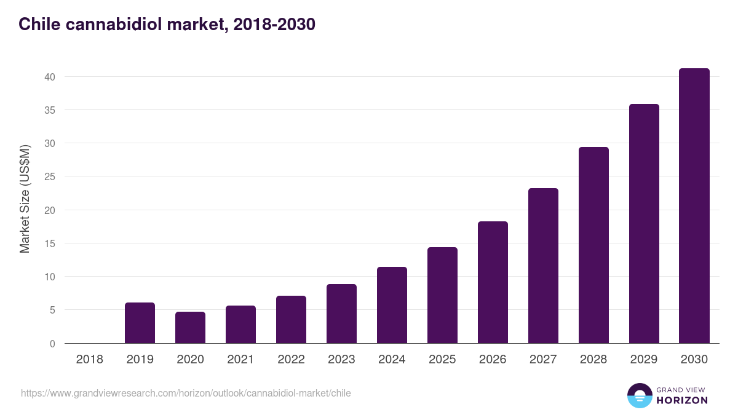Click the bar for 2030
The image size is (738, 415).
click(x=694, y=206)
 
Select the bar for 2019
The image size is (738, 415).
click(x=140, y=323)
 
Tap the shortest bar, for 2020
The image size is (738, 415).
click(x=190, y=328)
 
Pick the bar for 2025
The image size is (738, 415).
click(x=442, y=295)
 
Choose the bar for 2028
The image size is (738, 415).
click(x=593, y=245)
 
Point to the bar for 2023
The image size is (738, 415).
click(x=341, y=314)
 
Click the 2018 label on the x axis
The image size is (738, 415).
click(x=90, y=360)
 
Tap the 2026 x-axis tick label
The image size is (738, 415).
click(x=493, y=360)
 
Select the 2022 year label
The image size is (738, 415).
click(x=291, y=360)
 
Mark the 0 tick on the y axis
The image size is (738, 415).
click(x=52, y=344)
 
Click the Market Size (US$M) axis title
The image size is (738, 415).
click(x=25, y=199)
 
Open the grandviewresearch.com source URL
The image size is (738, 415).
click(x=186, y=393)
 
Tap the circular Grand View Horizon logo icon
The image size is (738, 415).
click(x=640, y=395)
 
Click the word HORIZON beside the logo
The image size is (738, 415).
click(x=682, y=400)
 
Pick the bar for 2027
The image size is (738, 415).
click(x=543, y=266)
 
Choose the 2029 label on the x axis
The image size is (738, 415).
click(x=644, y=360)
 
